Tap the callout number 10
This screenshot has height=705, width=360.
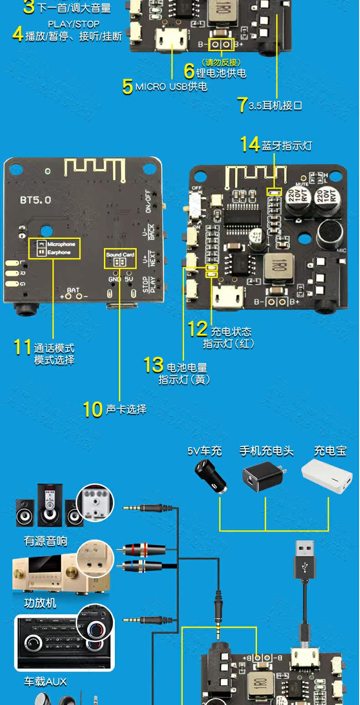click(93, 409)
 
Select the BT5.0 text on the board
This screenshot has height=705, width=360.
click(36, 200)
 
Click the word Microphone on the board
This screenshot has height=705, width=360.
click(61, 244)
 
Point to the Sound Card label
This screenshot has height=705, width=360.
click(120, 254)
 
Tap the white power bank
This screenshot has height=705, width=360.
click(327, 476)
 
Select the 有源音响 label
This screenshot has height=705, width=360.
click(46, 541)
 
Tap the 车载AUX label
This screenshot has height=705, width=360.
click(45, 681)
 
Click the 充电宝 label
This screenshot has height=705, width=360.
click(330, 451)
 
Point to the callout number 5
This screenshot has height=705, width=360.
click(128, 87)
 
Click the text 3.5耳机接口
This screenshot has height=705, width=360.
click(275, 106)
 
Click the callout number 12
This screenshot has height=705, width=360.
click(198, 329)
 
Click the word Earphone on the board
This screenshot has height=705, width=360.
click(59, 252)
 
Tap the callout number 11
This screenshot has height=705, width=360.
click(22, 347)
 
